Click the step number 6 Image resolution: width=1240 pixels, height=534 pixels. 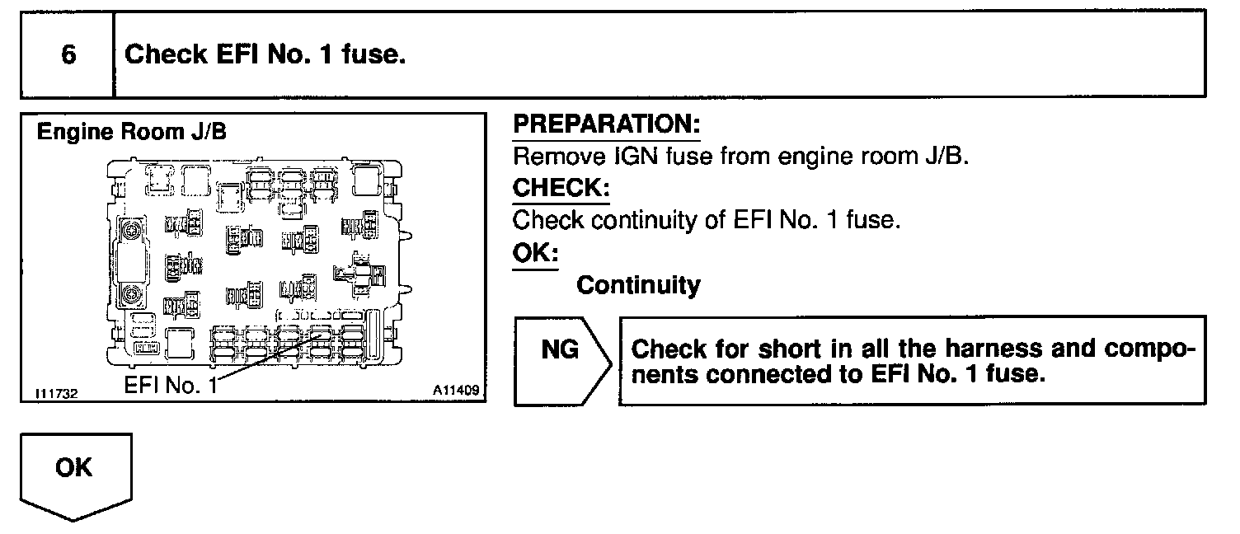pyautogui.click(x=68, y=55)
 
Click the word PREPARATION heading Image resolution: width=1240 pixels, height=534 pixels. pyautogui.click(x=606, y=125)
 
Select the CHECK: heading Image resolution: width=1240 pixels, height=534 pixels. pyautogui.click(x=561, y=188)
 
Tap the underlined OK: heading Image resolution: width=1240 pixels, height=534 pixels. pyautogui.click(x=535, y=252)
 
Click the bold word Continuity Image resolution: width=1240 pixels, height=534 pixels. pyautogui.click(x=638, y=285)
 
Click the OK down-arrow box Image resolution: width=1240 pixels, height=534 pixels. pyautogui.click(x=74, y=469)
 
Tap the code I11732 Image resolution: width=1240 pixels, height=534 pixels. pyautogui.click(x=57, y=394)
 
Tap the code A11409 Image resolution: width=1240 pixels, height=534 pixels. pyautogui.click(x=455, y=389)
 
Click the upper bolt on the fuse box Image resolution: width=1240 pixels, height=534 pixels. pyautogui.click(x=130, y=230)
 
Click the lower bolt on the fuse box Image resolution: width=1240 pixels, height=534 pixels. pyautogui.click(x=130, y=295)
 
